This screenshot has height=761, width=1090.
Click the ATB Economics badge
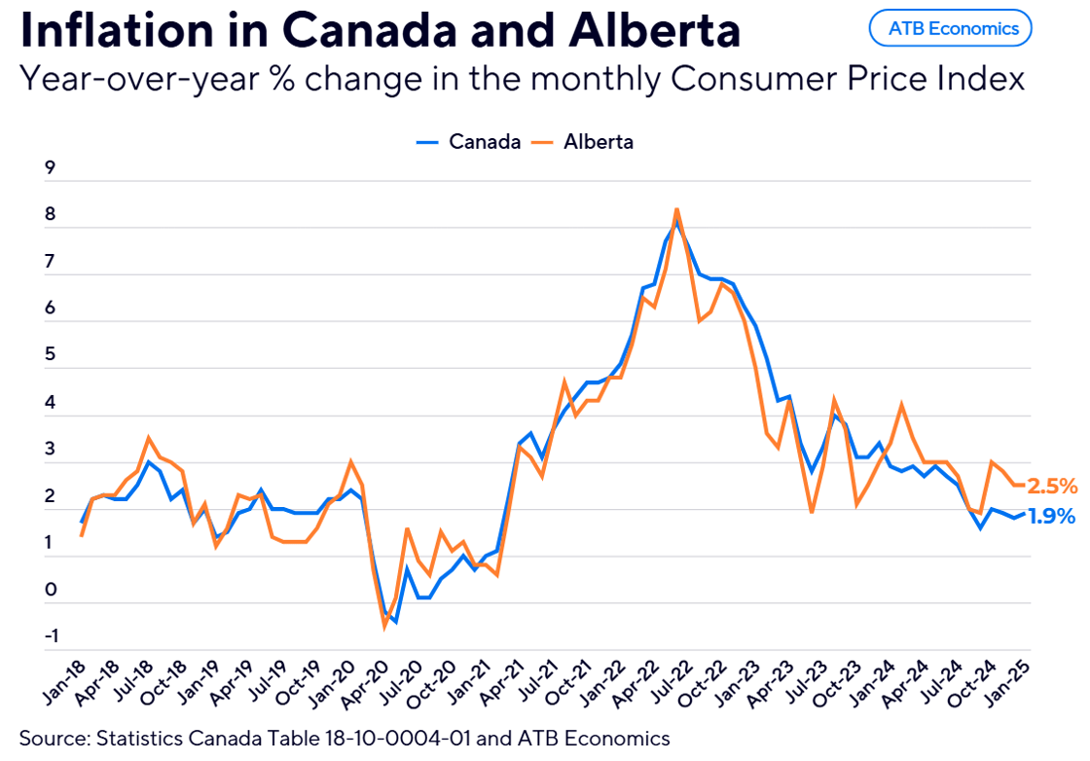click(950, 28)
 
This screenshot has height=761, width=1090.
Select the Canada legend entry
click(469, 142)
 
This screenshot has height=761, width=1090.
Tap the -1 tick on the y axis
click(49, 636)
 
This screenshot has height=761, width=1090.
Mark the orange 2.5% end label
click(1052, 486)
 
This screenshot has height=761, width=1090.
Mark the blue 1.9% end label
click(1052, 517)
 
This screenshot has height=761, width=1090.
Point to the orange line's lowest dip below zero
click(384, 626)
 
